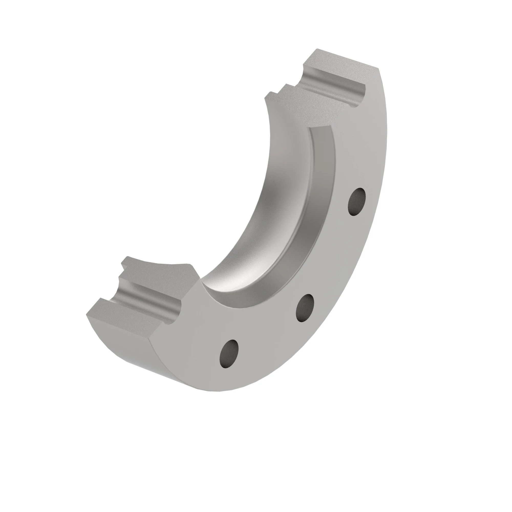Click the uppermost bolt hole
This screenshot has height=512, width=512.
[357, 201]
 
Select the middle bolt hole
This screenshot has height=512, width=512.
[305, 308]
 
